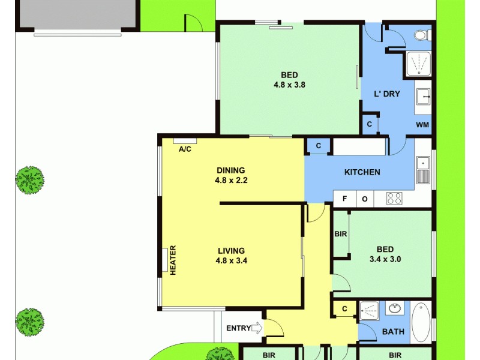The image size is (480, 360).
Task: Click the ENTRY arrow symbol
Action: (257, 328)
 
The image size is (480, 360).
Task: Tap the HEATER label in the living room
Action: (173, 260)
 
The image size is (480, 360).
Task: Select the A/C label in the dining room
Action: (185, 149)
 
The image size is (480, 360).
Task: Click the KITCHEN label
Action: (362, 172)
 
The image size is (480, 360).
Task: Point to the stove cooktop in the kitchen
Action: (394, 198)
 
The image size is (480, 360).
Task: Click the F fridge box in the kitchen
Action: (345, 199)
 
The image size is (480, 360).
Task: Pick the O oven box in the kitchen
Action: (365, 199)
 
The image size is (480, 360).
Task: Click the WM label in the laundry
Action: (422, 125)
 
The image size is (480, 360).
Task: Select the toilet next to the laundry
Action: (422, 35)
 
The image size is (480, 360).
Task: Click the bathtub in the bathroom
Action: (420, 322)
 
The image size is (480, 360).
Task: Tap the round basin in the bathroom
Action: (395, 309)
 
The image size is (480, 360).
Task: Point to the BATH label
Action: (393, 331)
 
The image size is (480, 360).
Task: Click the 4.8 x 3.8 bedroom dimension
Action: (290, 85)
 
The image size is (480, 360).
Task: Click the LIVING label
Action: (231, 251)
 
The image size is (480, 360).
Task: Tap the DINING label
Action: (230, 170)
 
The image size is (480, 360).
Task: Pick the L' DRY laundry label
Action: (387, 94)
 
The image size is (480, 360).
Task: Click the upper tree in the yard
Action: (29, 179)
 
